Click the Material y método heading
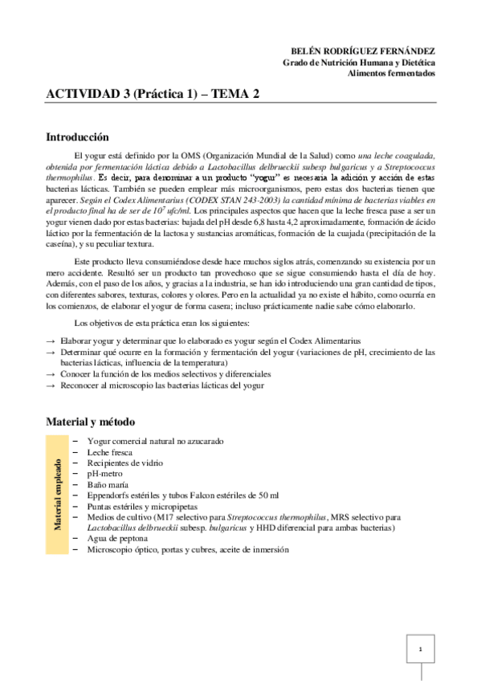coord(90,421)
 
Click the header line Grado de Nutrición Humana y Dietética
coord(359,61)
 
